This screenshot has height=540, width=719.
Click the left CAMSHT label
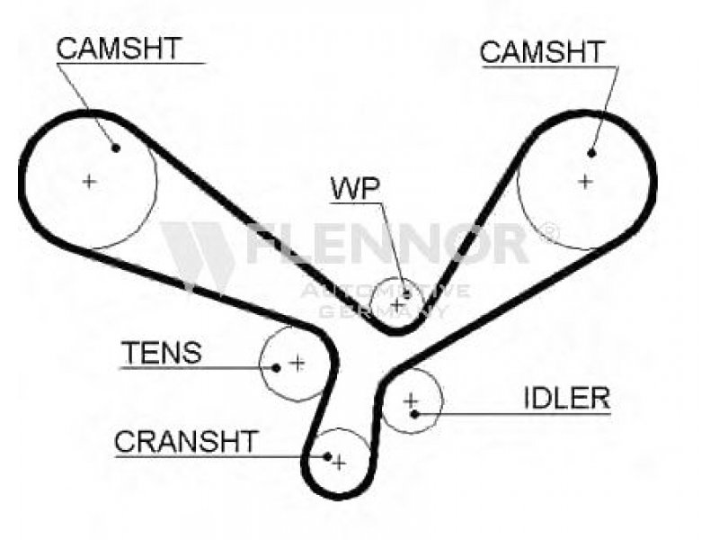click(120, 49)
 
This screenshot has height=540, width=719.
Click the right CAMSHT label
click(543, 52)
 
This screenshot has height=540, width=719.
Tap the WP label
click(355, 188)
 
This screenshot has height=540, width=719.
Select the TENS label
click(162, 353)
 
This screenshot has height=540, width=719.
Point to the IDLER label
click(567, 398)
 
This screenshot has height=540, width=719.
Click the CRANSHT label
click(186, 441)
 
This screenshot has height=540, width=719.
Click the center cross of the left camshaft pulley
click(89, 182)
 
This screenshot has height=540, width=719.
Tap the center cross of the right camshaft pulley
click(585, 182)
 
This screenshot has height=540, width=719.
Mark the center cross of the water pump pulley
click(397, 304)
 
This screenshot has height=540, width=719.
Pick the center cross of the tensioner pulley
click(297, 364)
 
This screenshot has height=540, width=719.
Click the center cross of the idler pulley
click(411, 400)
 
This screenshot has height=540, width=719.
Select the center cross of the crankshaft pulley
click(339, 463)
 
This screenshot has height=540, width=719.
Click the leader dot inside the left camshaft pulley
click(116, 148)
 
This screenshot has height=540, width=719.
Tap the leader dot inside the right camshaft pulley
click(591, 153)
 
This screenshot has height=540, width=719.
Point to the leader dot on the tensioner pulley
click(276, 368)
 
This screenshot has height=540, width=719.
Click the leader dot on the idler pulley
click(414, 414)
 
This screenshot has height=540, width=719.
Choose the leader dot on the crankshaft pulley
click(327, 456)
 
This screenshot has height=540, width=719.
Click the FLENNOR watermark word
click(387, 243)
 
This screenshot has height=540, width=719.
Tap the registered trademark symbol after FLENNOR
click(550, 230)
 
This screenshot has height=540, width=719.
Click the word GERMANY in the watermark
click(383, 311)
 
